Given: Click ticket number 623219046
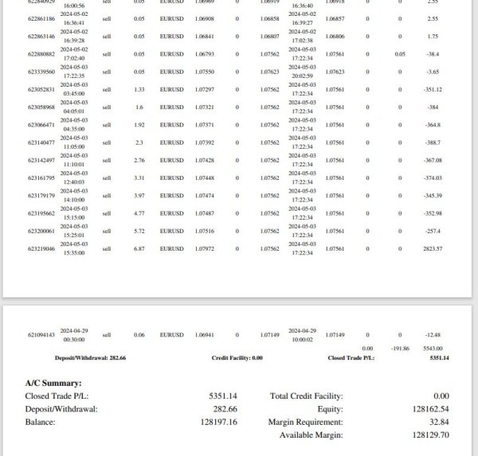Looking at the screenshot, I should (41, 249).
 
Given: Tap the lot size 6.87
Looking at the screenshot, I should (139, 249).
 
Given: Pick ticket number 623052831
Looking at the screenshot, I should (41, 89).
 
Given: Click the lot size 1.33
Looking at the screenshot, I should (139, 89).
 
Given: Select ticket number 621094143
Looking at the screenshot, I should (41, 335).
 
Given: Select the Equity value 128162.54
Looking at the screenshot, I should (426, 409).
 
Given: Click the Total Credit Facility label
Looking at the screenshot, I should (307, 396).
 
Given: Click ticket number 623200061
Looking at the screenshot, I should (41, 231).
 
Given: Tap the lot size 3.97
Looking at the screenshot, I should (139, 196).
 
